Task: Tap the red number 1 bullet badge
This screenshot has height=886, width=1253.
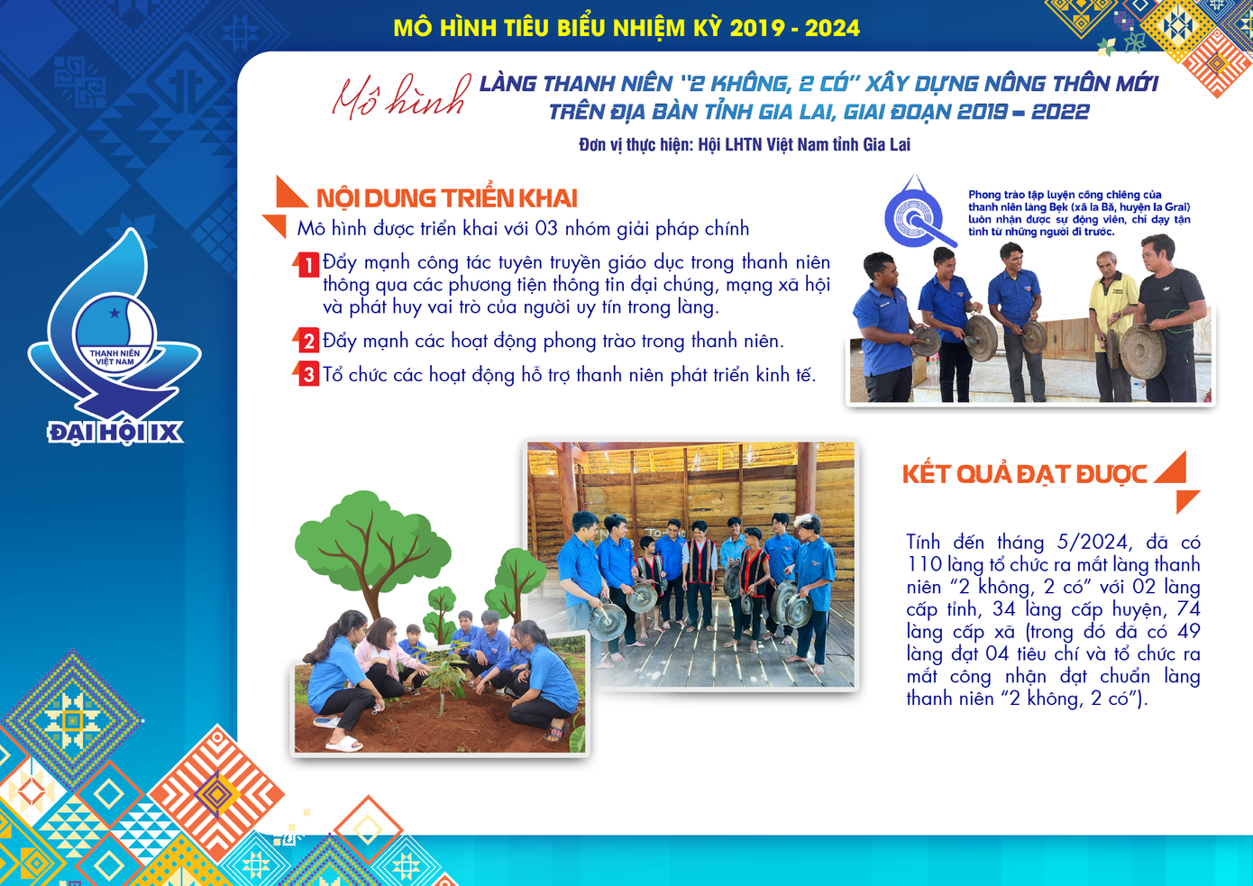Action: pyautogui.click(x=307, y=265)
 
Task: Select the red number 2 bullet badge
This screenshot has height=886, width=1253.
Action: pyautogui.click(x=307, y=340)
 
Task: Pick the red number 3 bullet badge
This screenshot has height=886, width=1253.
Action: pyautogui.click(x=307, y=374)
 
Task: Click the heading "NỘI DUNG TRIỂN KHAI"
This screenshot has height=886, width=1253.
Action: pyautogui.click(x=446, y=198)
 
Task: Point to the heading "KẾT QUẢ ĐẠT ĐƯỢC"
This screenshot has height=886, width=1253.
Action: pyautogui.click(x=1024, y=474)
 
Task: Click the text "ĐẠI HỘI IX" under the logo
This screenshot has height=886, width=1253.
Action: pyautogui.click(x=115, y=433)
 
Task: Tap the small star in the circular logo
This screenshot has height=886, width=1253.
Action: pyautogui.click(x=114, y=313)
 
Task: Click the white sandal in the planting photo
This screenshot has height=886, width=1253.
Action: pyautogui.click(x=343, y=743)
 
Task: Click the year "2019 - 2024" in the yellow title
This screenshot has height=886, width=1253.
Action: pyautogui.click(x=794, y=28)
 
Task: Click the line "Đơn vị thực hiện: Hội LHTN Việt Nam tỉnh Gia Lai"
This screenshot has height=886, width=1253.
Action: pyautogui.click(x=745, y=144)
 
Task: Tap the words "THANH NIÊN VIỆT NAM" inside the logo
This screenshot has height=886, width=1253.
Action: pyautogui.click(x=114, y=358)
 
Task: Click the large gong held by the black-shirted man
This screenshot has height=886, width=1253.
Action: pyautogui.click(x=1143, y=352)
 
